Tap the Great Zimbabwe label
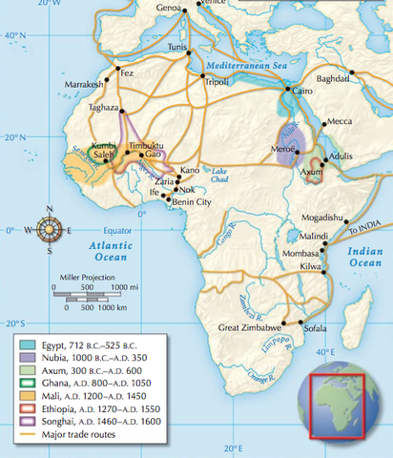point(250,327)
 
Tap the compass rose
point(53,230)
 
